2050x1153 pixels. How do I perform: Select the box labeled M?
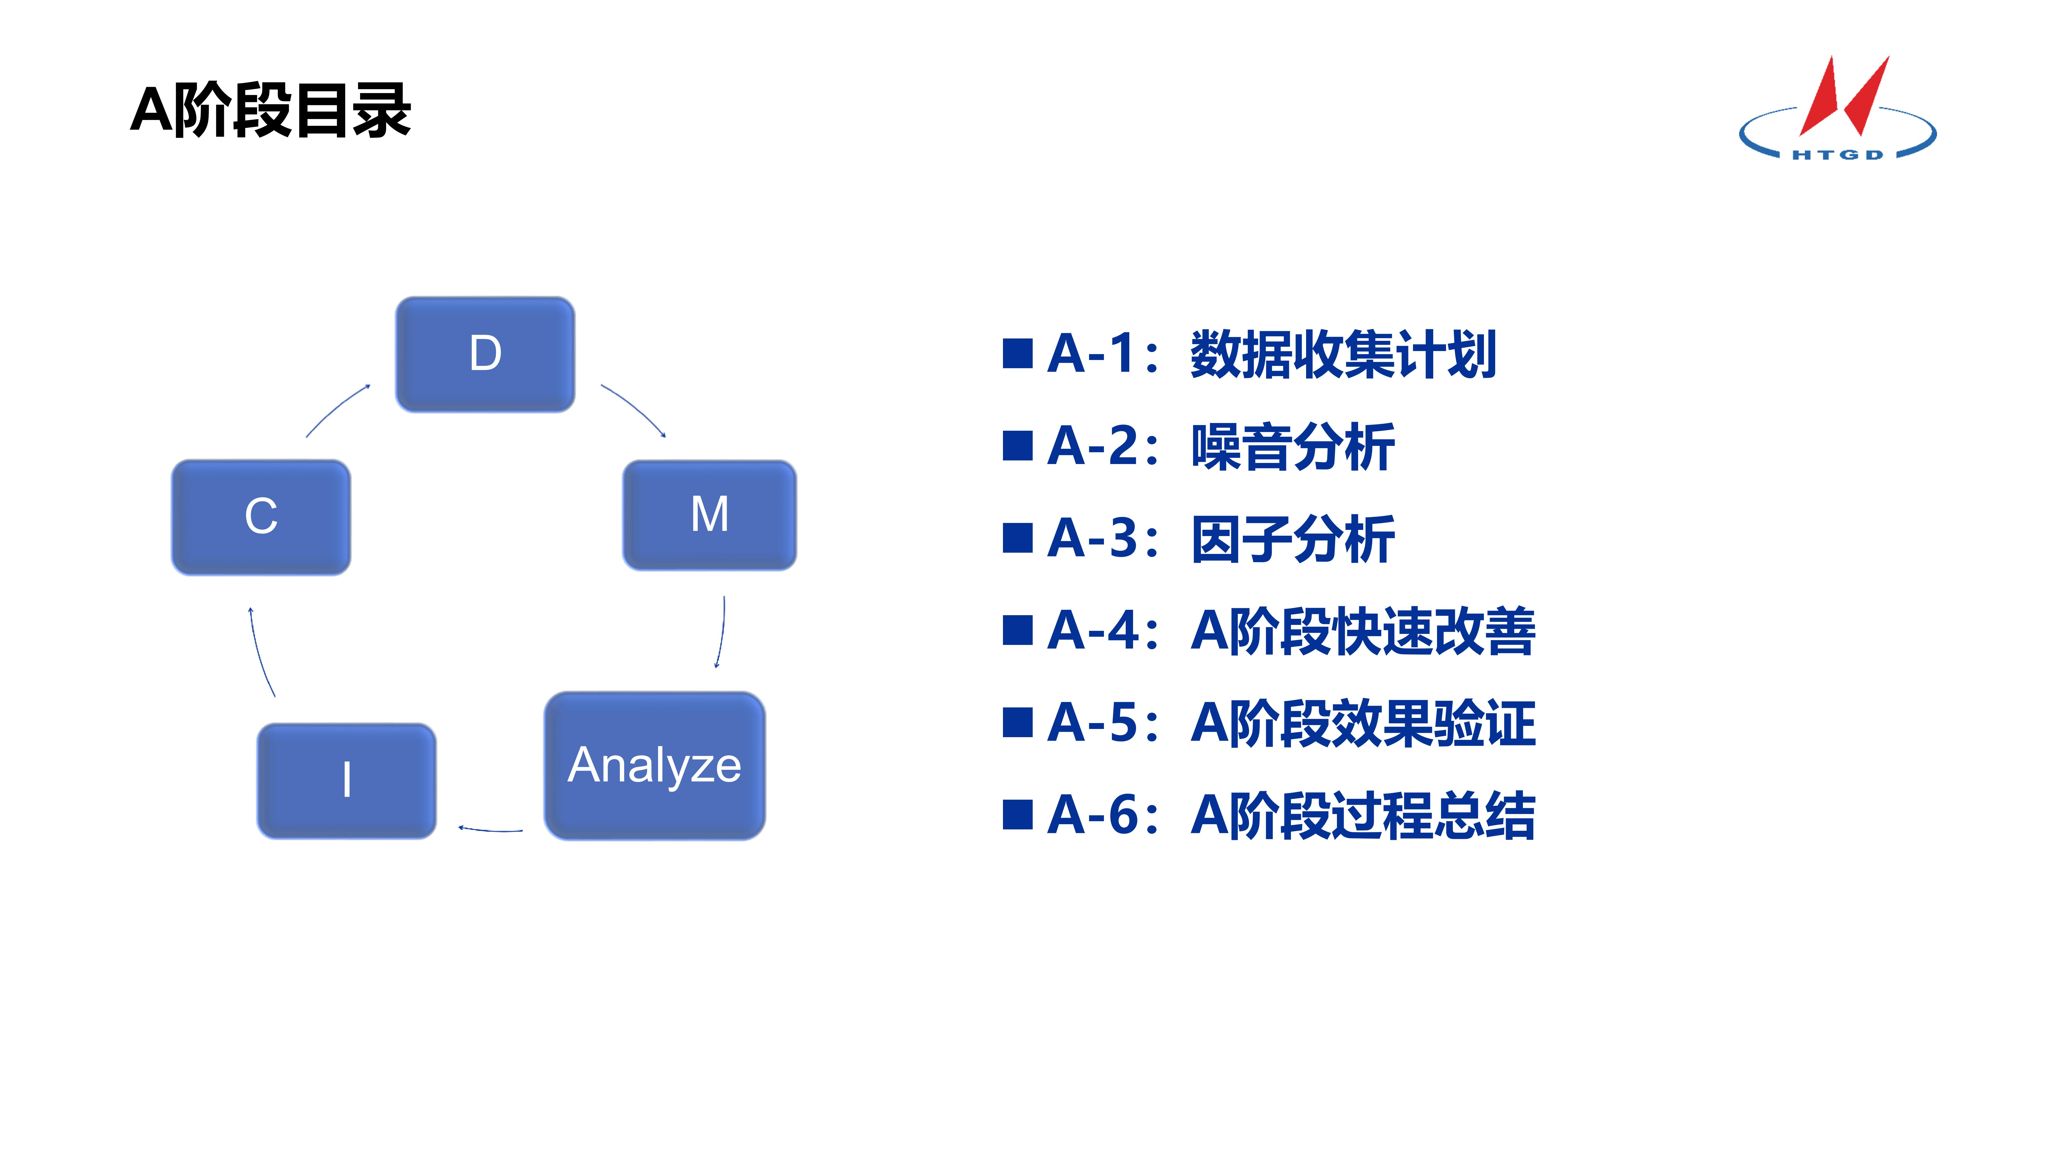(709, 515)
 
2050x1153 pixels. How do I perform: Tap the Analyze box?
(654, 766)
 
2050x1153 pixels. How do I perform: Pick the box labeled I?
(346, 780)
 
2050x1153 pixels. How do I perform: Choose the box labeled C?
(261, 517)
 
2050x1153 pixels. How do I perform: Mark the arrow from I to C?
(260, 653)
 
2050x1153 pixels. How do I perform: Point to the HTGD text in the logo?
(1838, 154)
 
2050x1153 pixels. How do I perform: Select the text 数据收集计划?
(1343, 354)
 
